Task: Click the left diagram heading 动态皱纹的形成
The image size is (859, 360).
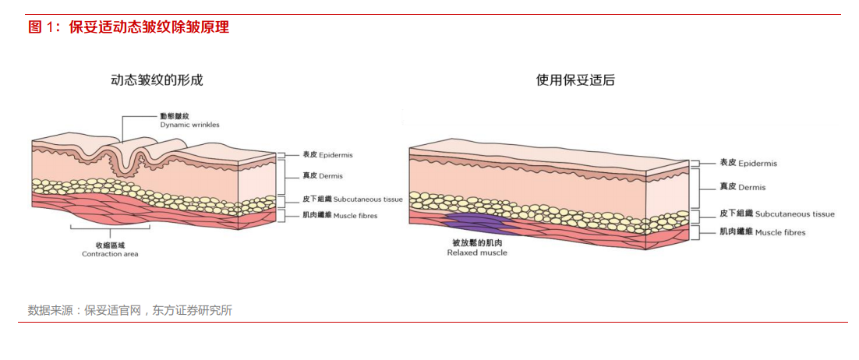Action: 157,80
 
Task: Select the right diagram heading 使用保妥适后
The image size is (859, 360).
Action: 575,80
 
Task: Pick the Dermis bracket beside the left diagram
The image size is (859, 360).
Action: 284,176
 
